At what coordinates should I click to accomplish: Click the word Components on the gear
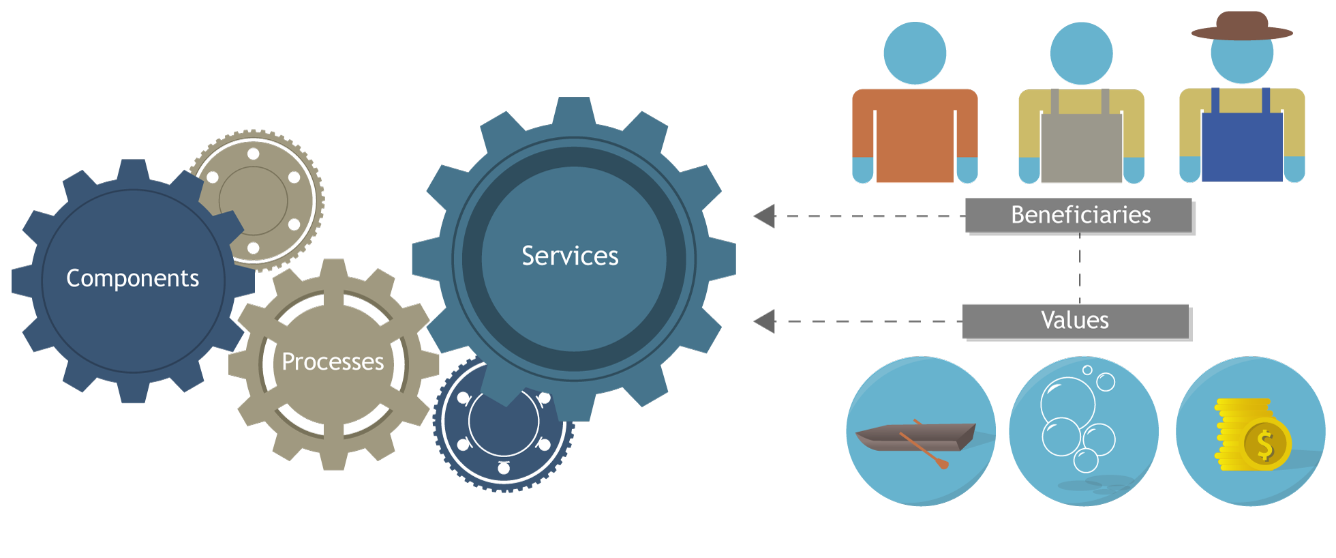(133, 278)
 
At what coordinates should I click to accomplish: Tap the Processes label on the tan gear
(333, 362)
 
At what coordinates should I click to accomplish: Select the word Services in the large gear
(570, 256)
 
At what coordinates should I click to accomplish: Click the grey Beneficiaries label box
(1078, 216)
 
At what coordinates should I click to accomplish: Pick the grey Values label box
(1075, 321)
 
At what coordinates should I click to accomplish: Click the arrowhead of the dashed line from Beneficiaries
(765, 216)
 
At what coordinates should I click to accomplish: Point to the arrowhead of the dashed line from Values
(765, 321)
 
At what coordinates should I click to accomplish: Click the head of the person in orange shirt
(915, 53)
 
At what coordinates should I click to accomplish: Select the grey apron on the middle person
(1081, 147)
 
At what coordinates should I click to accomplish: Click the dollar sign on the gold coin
(1265, 445)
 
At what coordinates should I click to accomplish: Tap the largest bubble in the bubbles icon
(1067, 402)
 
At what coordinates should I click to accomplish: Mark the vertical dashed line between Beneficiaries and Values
(1080, 268)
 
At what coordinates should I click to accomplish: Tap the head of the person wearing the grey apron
(1081, 53)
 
